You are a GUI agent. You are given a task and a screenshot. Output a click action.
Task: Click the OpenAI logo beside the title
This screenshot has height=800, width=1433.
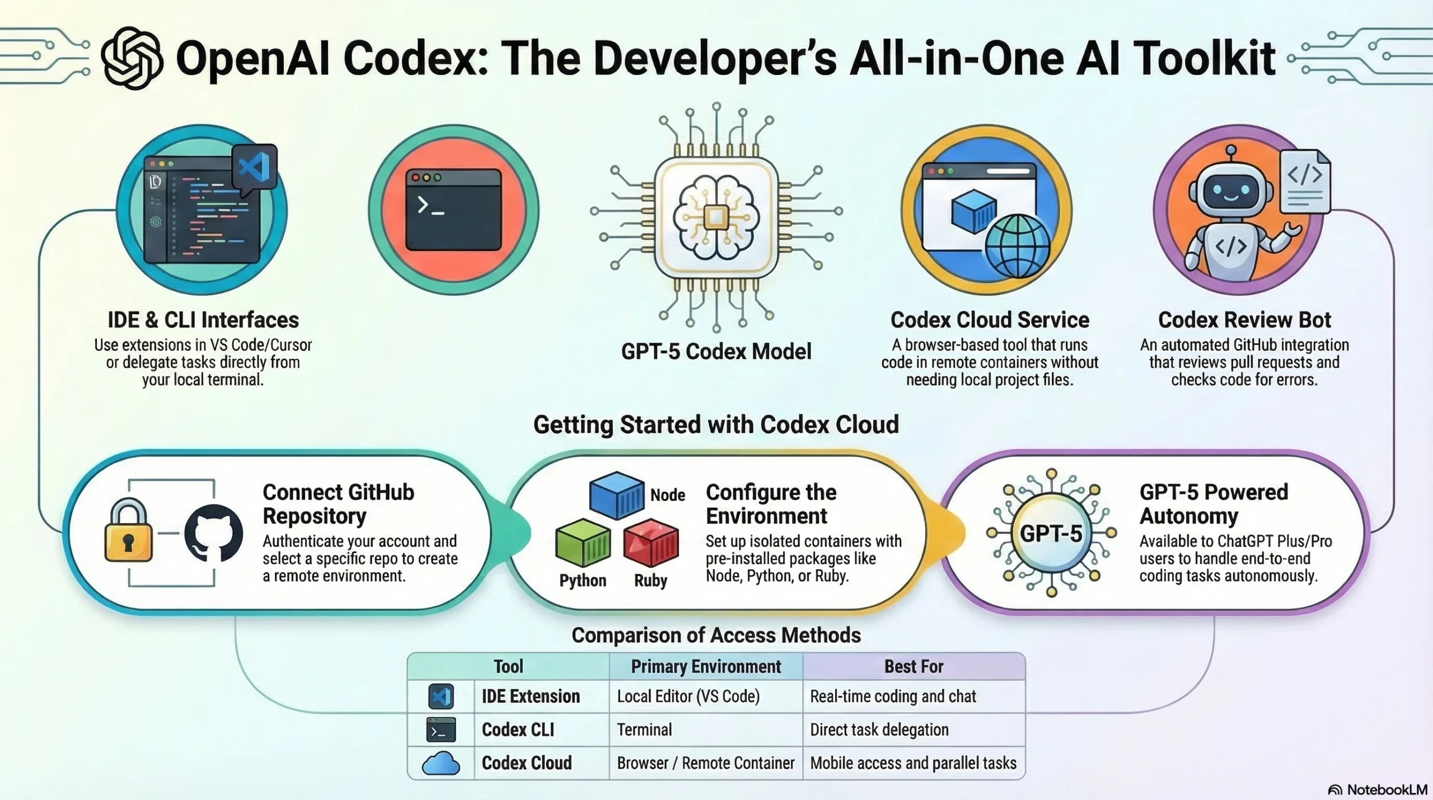pos(133,58)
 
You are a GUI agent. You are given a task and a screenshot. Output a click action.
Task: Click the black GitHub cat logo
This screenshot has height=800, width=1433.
pos(213,532)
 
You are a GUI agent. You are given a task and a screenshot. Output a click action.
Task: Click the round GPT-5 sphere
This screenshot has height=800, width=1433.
pos(1051,533)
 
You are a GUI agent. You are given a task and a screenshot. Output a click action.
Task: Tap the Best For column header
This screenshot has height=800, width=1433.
pos(914,666)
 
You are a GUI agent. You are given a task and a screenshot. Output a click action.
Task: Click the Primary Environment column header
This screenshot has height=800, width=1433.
pos(706,666)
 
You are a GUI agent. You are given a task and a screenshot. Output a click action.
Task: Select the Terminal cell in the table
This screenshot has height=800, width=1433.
pos(644,729)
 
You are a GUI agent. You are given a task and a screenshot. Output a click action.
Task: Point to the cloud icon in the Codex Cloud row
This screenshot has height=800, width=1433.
pos(441,764)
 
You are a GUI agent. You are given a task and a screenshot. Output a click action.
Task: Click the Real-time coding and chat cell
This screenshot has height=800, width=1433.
pos(893,696)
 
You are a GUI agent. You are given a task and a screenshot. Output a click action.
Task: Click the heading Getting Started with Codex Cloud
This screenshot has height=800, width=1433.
pos(716,424)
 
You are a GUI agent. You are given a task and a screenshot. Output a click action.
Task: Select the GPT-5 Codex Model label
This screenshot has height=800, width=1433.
pos(716,352)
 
